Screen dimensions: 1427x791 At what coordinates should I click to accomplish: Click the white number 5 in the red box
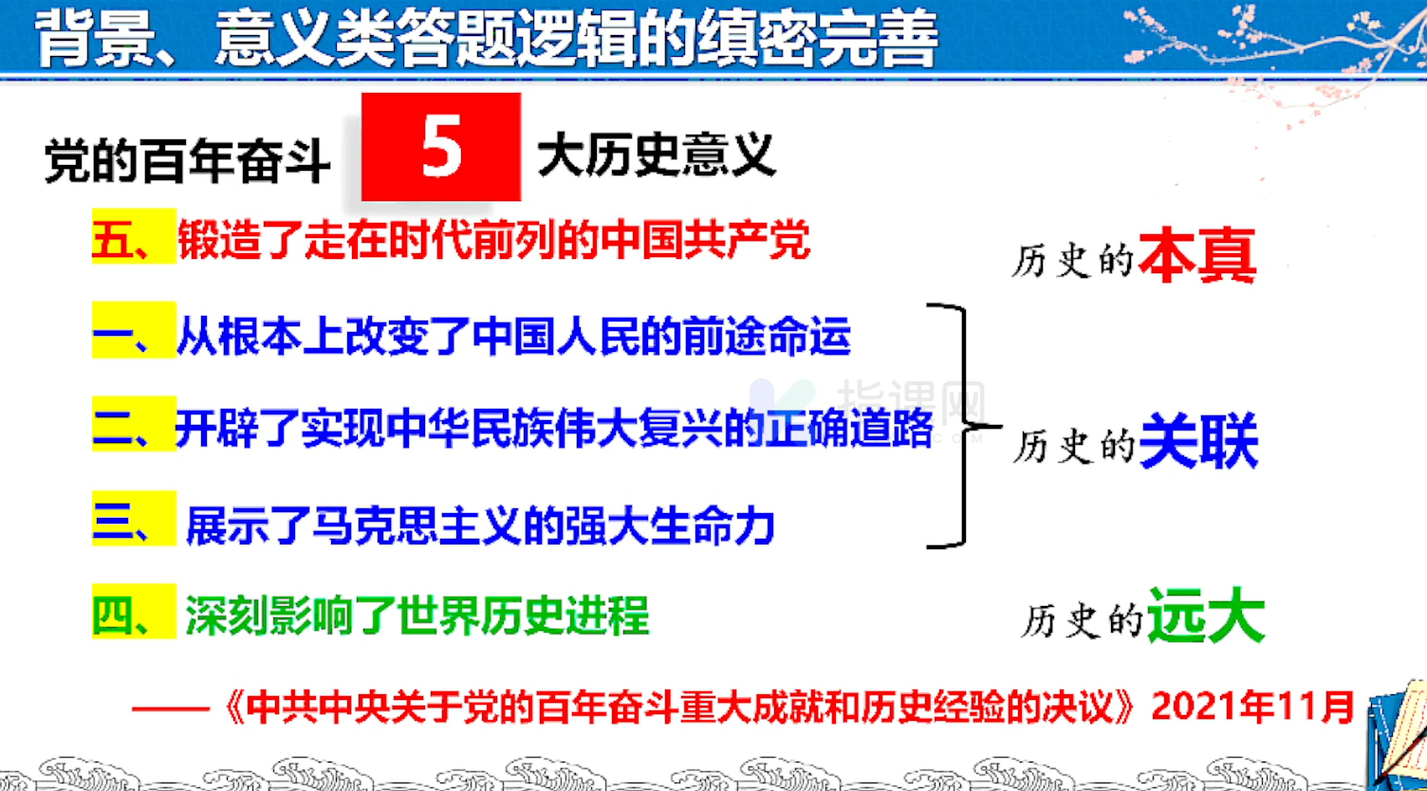[x=441, y=146]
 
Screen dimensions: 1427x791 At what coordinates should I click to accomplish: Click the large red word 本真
[x=1197, y=255]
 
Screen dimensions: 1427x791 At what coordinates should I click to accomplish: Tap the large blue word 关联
[x=1198, y=441]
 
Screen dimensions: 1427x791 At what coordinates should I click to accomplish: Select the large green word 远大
[x=1206, y=616]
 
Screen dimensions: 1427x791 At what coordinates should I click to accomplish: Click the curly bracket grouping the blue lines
[x=965, y=426]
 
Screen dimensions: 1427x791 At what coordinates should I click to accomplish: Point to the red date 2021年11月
[x=1252, y=707]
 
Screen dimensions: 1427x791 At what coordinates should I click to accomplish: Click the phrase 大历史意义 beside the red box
[x=657, y=155]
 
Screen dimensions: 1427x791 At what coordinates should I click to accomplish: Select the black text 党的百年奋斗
[x=187, y=161]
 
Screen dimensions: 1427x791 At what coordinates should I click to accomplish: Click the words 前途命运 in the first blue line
[x=767, y=336]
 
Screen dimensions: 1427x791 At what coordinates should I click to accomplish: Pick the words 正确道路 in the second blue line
[x=849, y=428]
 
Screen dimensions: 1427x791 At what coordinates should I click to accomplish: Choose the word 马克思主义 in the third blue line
[x=417, y=525]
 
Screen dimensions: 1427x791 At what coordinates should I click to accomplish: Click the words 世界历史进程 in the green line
[x=523, y=616]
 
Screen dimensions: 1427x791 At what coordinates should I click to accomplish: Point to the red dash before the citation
[x=171, y=708]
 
